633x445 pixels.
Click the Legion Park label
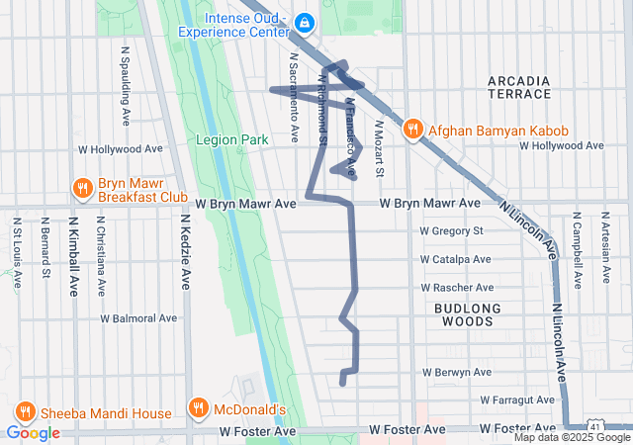[x=232, y=140]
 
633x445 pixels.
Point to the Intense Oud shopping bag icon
[x=305, y=21]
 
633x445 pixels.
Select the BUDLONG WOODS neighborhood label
[x=463, y=314]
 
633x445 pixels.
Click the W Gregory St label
[x=450, y=231]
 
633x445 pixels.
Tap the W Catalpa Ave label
[x=455, y=259]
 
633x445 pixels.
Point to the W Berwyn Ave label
[x=456, y=373]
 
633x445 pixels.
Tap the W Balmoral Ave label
[x=138, y=318]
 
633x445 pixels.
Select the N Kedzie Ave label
[x=185, y=253]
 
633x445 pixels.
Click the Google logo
[x=33, y=432]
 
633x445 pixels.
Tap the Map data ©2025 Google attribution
[x=572, y=437]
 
